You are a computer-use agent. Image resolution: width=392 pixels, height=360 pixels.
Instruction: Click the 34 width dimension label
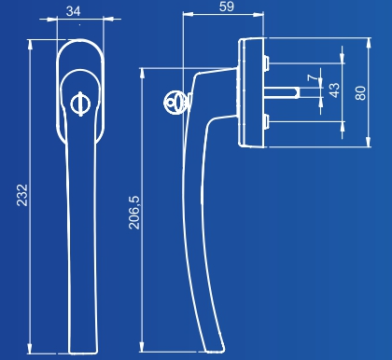click(74, 11)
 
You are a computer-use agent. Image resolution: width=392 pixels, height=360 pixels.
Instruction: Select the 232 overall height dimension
click(22, 195)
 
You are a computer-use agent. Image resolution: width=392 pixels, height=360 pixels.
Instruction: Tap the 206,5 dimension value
click(134, 213)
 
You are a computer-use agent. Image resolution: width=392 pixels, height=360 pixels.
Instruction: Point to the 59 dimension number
click(227, 7)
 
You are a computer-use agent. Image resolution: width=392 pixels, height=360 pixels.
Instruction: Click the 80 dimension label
click(360, 93)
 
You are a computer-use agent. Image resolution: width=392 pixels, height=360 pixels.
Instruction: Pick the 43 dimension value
click(334, 90)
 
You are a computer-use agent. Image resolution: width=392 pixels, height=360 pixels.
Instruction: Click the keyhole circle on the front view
click(80, 104)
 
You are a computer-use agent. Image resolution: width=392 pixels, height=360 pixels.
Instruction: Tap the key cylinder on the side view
click(176, 102)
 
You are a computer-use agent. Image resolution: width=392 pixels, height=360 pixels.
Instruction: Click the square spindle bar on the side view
click(282, 92)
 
